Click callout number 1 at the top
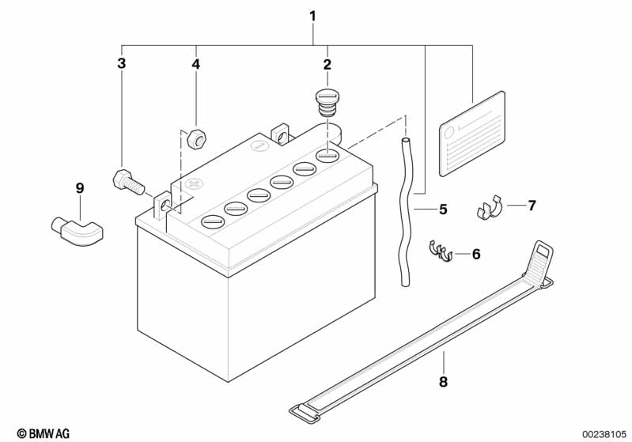(x=312, y=16)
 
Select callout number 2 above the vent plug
(x=327, y=64)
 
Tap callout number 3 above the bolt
(x=121, y=63)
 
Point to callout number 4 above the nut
(x=196, y=64)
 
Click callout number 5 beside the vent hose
(x=443, y=209)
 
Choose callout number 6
(x=476, y=254)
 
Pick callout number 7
(x=532, y=206)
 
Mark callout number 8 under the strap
(x=443, y=382)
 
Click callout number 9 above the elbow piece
(x=80, y=188)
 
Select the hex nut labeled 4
(x=197, y=138)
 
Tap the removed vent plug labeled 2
(x=327, y=103)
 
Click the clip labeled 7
(x=489, y=208)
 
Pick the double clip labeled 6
(x=440, y=251)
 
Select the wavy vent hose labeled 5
(x=404, y=213)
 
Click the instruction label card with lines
(x=472, y=134)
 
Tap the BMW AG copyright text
(x=44, y=433)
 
